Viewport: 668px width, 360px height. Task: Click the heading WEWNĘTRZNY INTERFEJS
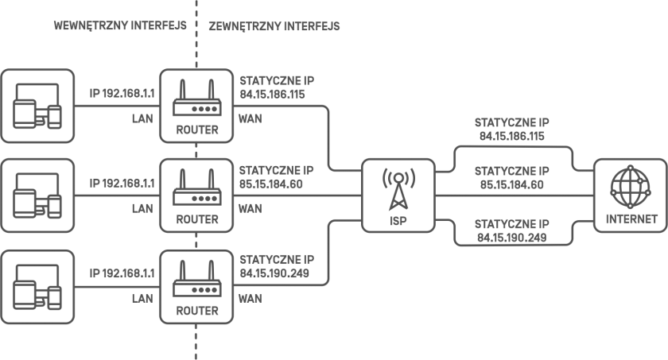pos(120,25)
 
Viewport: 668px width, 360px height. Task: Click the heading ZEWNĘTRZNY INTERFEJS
pos(274,26)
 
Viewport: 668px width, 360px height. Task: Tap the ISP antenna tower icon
pos(398,189)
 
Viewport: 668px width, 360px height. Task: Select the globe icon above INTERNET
pos(631,187)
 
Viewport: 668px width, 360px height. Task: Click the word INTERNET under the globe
pos(631,219)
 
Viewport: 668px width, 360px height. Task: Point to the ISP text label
pos(398,221)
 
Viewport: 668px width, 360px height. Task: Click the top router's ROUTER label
pos(197,130)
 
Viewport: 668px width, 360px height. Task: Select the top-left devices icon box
pos(37,106)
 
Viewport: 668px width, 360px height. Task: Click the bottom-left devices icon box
pos(37,287)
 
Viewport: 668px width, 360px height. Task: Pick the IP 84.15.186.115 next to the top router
pos(272,95)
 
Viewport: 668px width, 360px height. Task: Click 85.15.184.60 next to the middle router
pos(271,184)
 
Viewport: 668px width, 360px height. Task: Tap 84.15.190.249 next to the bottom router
pos(274,273)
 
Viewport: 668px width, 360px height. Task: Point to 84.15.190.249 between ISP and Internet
pos(511,238)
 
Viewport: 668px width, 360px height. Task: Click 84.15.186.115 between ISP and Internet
pos(511,136)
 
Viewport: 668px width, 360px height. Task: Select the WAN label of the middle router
pos(250,208)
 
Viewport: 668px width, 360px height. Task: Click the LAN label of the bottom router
pos(142,299)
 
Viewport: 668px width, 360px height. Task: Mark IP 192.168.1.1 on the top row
pos(122,93)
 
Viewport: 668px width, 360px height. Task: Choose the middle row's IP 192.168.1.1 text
pos(122,184)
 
